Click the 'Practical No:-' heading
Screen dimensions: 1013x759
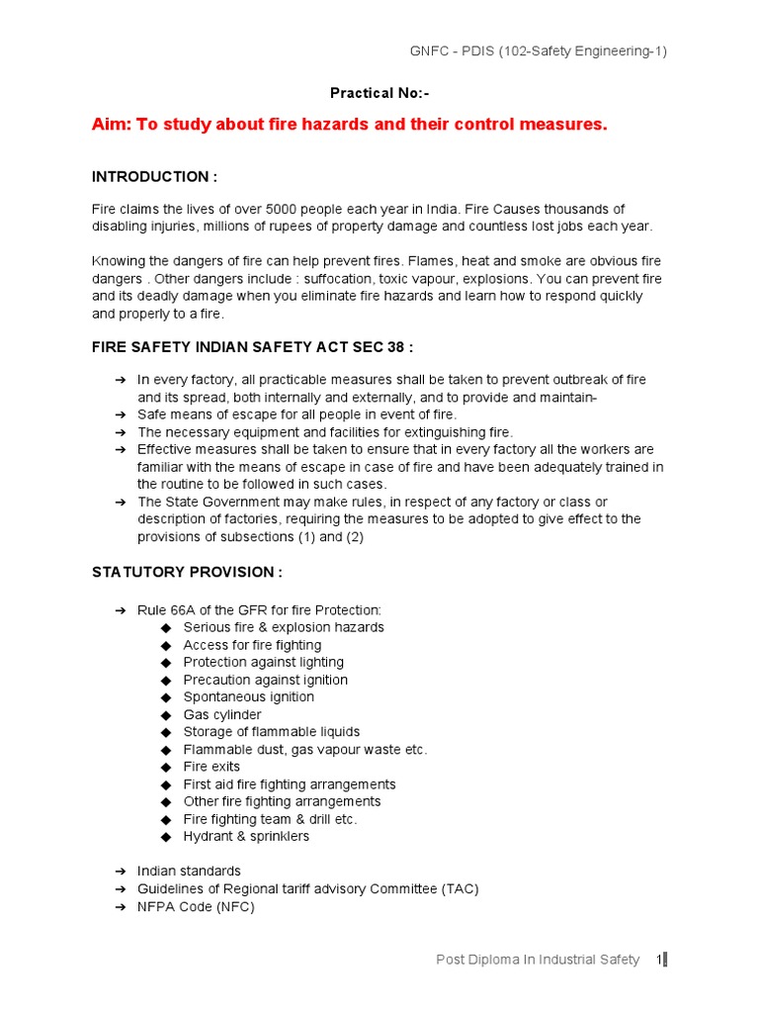pyautogui.click(x=379, y=93)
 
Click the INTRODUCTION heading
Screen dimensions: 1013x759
pyautogui.click(x=154, y=176)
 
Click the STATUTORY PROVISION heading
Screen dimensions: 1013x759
pyautogui.click(x=188, y=572)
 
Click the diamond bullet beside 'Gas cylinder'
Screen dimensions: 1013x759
pyautogui.click(x=165, y=715)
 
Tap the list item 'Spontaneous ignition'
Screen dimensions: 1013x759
pyautogui.click(x=249, y=697)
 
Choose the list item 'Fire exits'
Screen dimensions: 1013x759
pyautogui.click(x=211, y=767)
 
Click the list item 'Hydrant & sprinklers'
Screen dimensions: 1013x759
pyautogui.click(x=246, y=837)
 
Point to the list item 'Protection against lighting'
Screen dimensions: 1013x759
pyautogui.click(x=264, y=662)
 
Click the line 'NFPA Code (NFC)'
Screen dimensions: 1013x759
pyautogui.click(x=196, y=906)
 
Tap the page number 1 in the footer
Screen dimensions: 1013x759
pyautogui.click(x=658, y=960)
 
